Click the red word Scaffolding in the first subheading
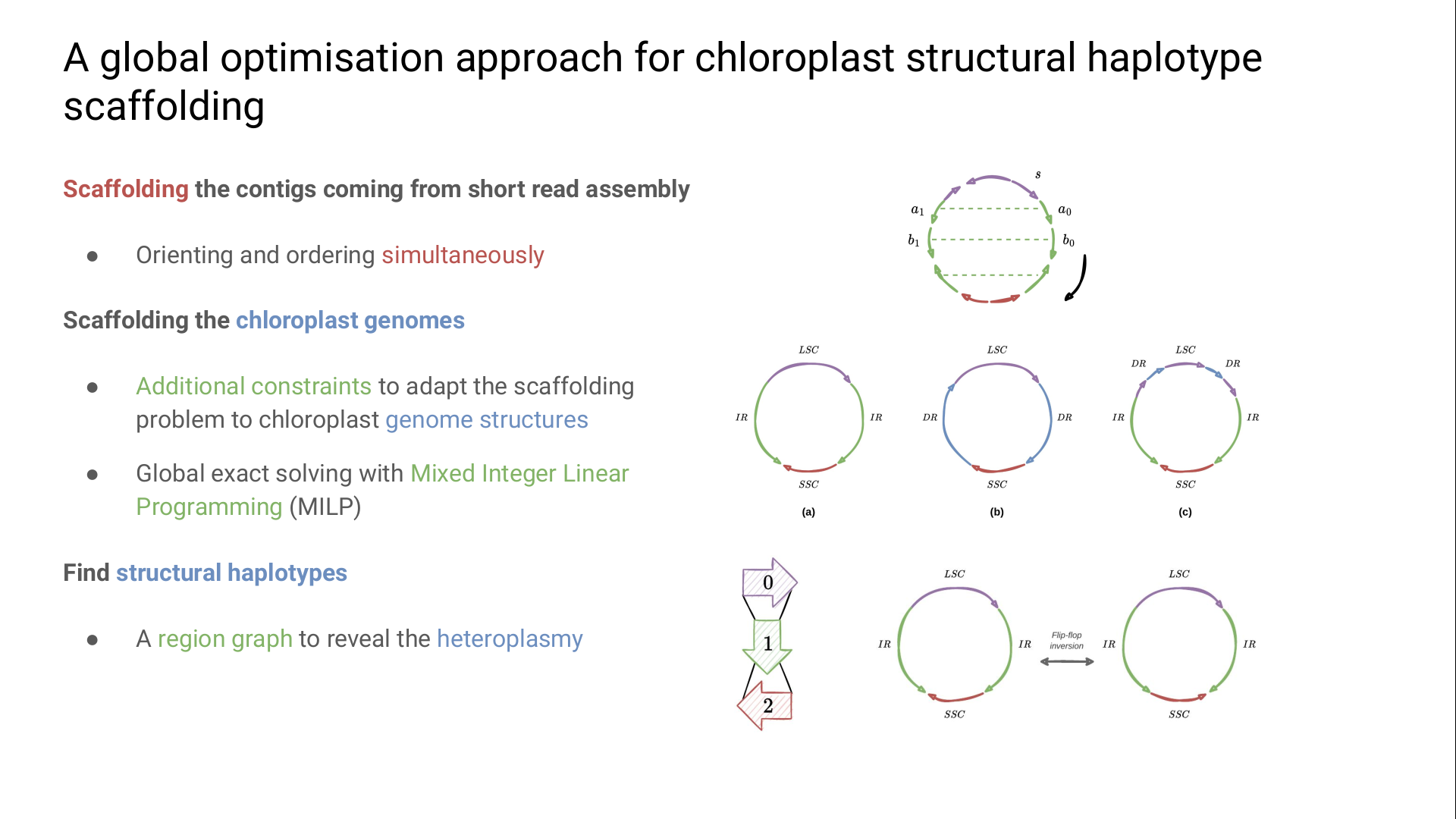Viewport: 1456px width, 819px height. [x=126, y=190]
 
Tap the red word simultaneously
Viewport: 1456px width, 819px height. [x=463, y=256]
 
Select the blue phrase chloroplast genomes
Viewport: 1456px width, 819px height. [x=350, y=321]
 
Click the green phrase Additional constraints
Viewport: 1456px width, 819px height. [x=253, y=387]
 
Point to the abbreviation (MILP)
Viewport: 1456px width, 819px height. [x=325, y=507]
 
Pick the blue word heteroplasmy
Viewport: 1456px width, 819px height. [x=510, y=639]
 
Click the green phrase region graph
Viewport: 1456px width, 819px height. [x=225, y=639]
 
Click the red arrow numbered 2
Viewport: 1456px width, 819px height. [x=764, y=705]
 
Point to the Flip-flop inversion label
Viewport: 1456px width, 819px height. [x=1066, y=641]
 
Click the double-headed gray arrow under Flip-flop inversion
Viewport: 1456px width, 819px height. [x=1067, y=662]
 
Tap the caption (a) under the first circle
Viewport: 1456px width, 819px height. [x=808, y=513]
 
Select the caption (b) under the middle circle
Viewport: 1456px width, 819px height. [x=996, y=513]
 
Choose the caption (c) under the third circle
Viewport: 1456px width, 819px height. [x=1185, y=513]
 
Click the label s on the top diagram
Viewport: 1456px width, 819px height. [x=1038, y=175]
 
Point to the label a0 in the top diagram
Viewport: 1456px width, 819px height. [x=1065, y=210]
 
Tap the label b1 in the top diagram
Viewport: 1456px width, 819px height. [x=914, y=240]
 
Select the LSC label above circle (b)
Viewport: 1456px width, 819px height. [x=997, y=350]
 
